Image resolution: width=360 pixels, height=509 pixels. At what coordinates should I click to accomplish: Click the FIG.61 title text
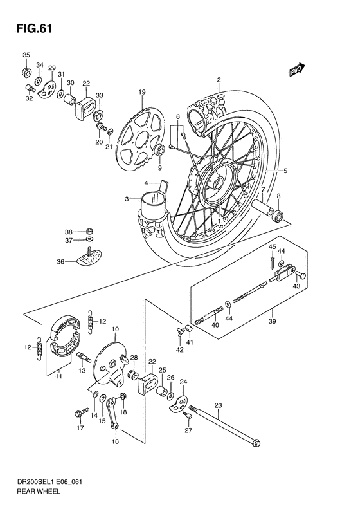click(30, 28)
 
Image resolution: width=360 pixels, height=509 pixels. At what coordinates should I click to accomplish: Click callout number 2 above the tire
click(219, 80)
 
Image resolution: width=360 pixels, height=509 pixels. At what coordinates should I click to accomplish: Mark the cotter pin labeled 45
click(273, 261)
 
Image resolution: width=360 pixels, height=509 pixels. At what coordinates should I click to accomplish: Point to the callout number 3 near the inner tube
click(128, 199)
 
